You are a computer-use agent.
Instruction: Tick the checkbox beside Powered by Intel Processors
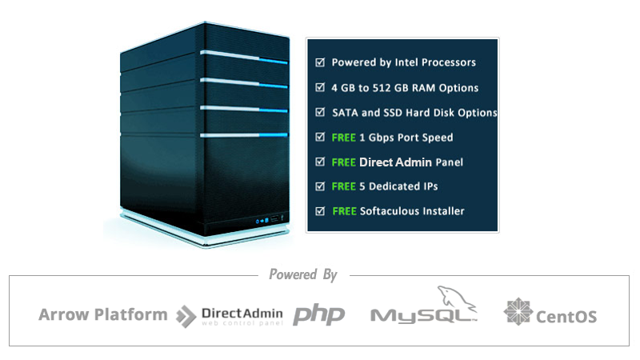[x=320, y=62]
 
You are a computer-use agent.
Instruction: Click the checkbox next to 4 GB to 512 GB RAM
[x=320, y=87]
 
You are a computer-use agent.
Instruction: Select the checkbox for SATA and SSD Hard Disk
[x=320, y=112]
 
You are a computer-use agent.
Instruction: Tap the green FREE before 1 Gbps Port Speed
[x=344, y=138]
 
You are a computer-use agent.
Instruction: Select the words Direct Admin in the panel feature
[x=395, y=162]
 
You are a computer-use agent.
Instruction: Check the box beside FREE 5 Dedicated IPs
[x=320, y=186]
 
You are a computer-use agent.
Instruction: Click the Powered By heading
[x=303, y=274]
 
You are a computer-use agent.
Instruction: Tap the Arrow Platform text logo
[x=103, y=314]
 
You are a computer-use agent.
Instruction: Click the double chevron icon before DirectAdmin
[x=186, y=316]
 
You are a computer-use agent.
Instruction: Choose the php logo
[x=318, y=314]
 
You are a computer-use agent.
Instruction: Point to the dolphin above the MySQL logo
[x=455, y=297]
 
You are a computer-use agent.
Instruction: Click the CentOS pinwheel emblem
[x=518, y=311]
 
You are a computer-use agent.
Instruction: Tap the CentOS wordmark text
[x=566, y=317]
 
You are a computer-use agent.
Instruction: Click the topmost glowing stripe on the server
[x=244, y=57]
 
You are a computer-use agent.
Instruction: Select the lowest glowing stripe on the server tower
[x=244, y=135]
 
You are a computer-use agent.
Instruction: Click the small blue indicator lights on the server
[x=262, y=221]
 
